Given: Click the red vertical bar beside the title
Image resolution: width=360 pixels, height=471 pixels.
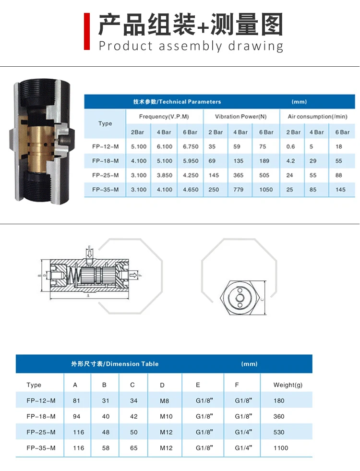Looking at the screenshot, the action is point(87,31).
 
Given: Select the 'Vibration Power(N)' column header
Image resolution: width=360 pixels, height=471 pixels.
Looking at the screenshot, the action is point(241,117).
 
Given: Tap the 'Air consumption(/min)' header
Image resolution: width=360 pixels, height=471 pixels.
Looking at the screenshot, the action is point(317,117).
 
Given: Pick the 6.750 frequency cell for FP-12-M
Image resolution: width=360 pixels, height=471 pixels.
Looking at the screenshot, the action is point(191,146).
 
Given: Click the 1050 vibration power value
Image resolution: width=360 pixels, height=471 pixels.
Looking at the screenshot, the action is point(266,190).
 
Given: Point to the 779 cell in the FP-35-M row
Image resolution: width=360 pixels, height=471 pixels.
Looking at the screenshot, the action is point(239,190).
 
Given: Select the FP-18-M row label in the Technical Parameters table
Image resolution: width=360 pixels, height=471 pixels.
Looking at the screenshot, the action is point(106,161).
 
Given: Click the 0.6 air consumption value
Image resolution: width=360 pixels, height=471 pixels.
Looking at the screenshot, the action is point(291,146).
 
